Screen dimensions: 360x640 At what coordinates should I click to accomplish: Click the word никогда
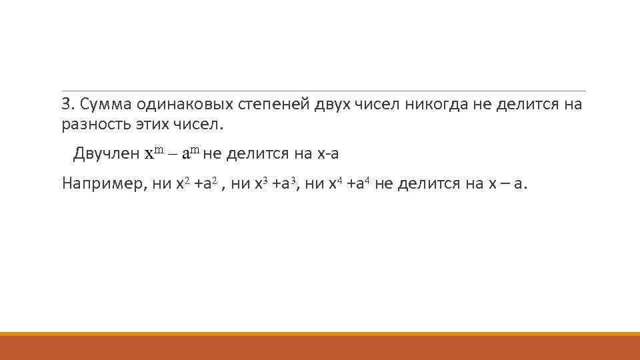click(447, 105)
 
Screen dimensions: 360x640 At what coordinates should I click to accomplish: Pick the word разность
click(91, 124)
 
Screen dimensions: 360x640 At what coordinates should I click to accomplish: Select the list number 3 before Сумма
click(66, 105)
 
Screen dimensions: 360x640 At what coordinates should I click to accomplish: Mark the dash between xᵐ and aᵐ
click(173, 155)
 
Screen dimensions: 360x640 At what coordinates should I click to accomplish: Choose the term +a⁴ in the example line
click(359, 184)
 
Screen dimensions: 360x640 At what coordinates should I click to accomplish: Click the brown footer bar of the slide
click(320, 348)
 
